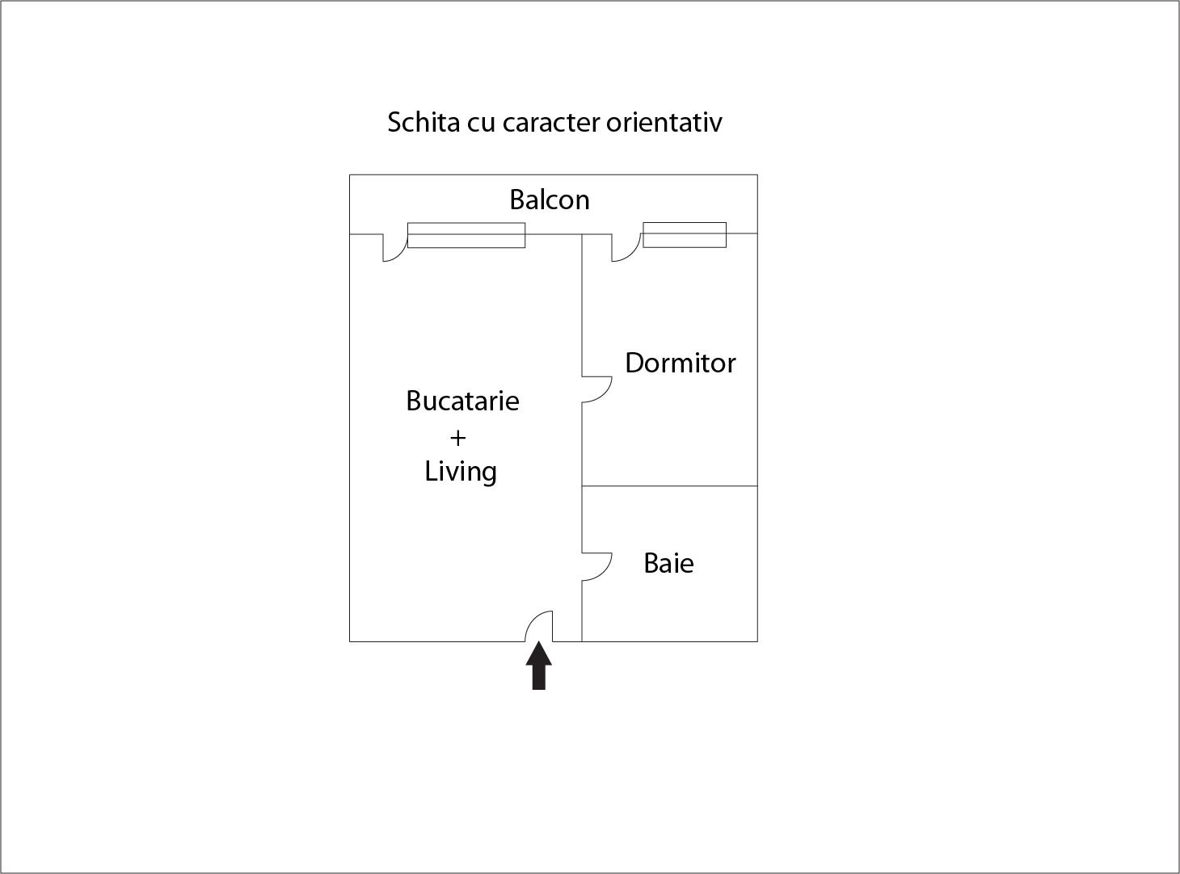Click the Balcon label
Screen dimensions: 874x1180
click(549, 200)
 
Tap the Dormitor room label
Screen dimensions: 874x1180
click(680, 363)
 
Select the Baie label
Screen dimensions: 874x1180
click(668, 563)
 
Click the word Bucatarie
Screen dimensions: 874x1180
click(462, 401)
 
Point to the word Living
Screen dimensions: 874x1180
click(461, 471)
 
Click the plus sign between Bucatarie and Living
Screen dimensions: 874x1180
click(458, 438)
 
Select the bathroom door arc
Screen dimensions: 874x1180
click(597, 566)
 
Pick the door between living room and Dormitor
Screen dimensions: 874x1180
click(597, 389)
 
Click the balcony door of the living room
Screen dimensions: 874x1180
click(394, 248)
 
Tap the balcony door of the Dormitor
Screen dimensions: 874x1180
click(625, 248)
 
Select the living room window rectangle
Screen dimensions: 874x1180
click(466, 235)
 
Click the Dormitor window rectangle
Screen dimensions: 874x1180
click(685, 234)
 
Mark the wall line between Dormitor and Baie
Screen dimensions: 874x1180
click(670, 486)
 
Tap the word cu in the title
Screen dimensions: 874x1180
click(482, 123)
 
